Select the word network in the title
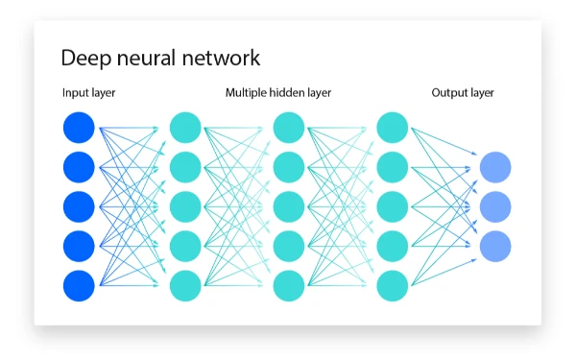point(221,58)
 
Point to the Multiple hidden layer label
point(278,93)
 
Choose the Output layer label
point(463,93)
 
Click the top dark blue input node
point(79,128)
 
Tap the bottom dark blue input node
point(79,285)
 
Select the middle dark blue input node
point(79,206)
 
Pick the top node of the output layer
point(495,167)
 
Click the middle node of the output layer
point(495,206)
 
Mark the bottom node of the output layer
point(495,246)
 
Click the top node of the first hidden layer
point(185,128)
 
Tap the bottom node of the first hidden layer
point(185,285)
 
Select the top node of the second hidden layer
point(289,128)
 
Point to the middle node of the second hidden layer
point(289,206)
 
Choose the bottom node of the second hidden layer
point(289,285)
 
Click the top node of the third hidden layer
point(393,128)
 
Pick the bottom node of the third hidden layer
point(393,285)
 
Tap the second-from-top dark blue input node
point(79,167)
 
